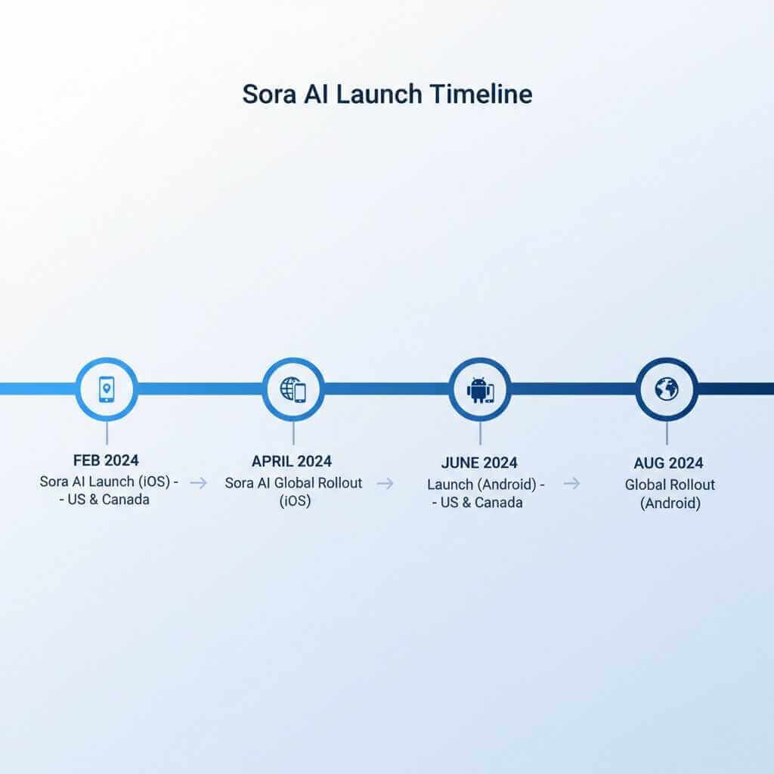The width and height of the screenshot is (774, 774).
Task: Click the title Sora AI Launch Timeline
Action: (387, 94)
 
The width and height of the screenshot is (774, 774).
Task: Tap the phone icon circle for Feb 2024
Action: (107, 389)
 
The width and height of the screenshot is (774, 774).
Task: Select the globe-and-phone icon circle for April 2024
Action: (293, 389)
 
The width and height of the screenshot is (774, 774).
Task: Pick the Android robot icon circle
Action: (480, 389)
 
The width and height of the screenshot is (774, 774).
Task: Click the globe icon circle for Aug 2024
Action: (667, 389)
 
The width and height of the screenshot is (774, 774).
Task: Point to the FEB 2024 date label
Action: (106, 460)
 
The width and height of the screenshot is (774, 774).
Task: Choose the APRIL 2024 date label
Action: (292, 461)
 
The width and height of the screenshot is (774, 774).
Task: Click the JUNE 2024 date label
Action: (479, 463)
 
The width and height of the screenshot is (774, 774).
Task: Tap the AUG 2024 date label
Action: (668, 463)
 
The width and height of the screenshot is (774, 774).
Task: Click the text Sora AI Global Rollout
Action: (293, 483)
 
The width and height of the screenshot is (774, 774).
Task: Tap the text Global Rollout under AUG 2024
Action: (670, 485)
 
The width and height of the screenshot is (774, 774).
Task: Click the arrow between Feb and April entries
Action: (199, 483)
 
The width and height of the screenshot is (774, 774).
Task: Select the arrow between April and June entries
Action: (385, 483)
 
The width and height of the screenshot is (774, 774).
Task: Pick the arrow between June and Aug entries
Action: (572, 483)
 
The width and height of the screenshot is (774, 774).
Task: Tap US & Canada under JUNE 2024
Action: (485, 502)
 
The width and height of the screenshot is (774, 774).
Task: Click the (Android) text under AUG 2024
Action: (670, 503)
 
